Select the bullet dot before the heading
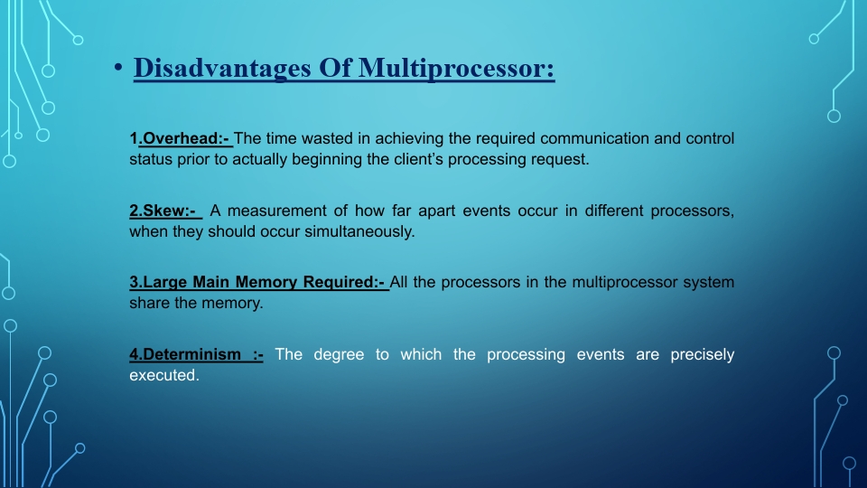coord(117,70)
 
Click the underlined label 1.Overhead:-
coord(181,138)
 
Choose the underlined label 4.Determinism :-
coord(196,354)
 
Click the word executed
coord(163,376)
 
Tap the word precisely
coord(703,354)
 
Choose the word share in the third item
coord(150,304)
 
